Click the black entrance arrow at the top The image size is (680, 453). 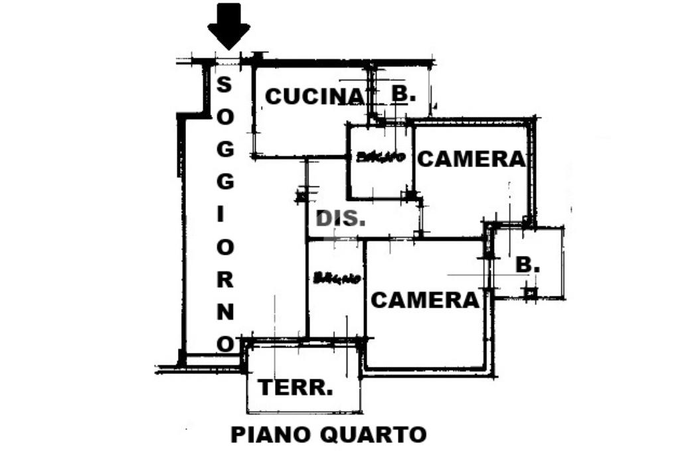228,25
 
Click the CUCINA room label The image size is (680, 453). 315,97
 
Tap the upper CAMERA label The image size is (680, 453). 471,159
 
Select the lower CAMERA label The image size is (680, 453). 424,300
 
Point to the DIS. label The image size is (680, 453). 340,218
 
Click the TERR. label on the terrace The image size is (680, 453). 296,387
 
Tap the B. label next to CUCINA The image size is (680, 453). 403,94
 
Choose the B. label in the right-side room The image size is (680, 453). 528,265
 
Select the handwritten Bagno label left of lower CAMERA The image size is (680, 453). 337,278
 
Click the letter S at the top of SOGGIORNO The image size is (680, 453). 225,84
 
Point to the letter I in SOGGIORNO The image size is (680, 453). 226,214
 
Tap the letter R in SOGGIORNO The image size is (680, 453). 226,279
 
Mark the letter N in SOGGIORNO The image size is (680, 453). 226,311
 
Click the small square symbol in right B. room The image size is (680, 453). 530,292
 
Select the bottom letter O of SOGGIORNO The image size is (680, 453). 226,344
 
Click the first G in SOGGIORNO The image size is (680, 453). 226,149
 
